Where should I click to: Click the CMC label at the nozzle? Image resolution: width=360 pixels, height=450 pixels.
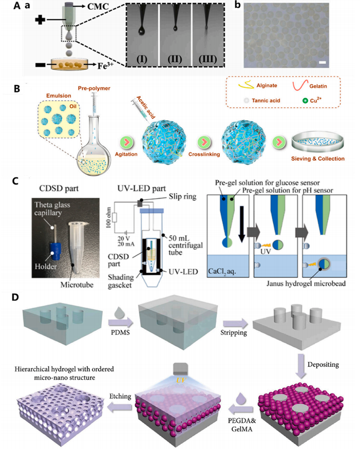point(92,7)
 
